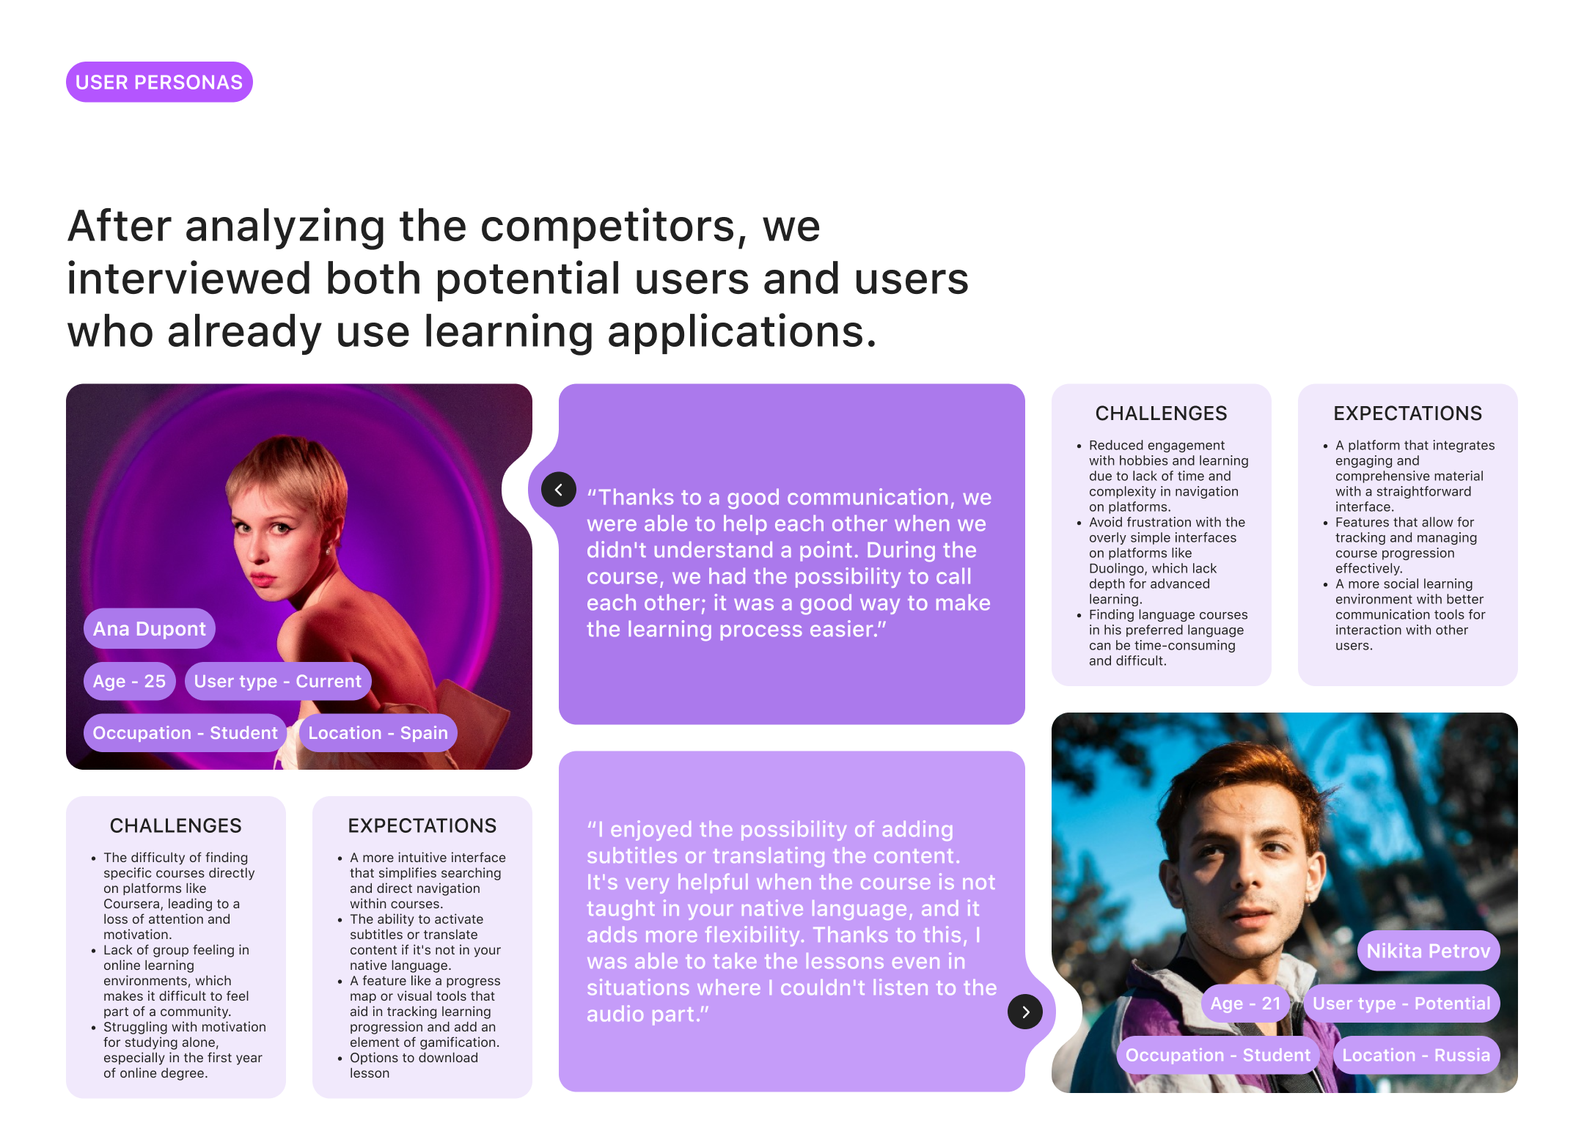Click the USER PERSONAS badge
pyautogui.click(x=159, y=82)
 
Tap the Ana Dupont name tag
pyautogui.click(x=150, y=628)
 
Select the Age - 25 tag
pyautogui.click(x=130, y=681)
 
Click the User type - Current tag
pyautogui.click(x=278, y=681)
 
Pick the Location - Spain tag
pyautogui.click(x=378, y=732)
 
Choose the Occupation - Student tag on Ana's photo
pyautogui.click(x=185, y=732)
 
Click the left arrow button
pyautogui.click(x=559, y=489)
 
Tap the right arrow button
pyautogui.click(x=1025, y=1012)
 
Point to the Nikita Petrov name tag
pyautogui.click(x=1429, y=951)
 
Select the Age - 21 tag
pyautogui.click(x=1245, y=1003)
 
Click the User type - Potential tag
pyautogui.click(x=1401, y=1003)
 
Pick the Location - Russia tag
pyautogui.click(x=1416, y=1055)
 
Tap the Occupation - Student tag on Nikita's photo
pyautogui.click(x=1218, y=1055)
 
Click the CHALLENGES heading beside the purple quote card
pyautogui.click(x=1161, y=413)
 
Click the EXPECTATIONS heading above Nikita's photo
pyautogui.click(x=1407, y=413)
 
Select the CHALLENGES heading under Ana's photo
pyautogui.click(x=175, y=825)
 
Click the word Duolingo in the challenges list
pyautogui.click(x=1117, y=568)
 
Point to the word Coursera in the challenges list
pyautogui.click(x=131, y=904)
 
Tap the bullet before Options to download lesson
pyautogui.click(x=340, y=1059)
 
